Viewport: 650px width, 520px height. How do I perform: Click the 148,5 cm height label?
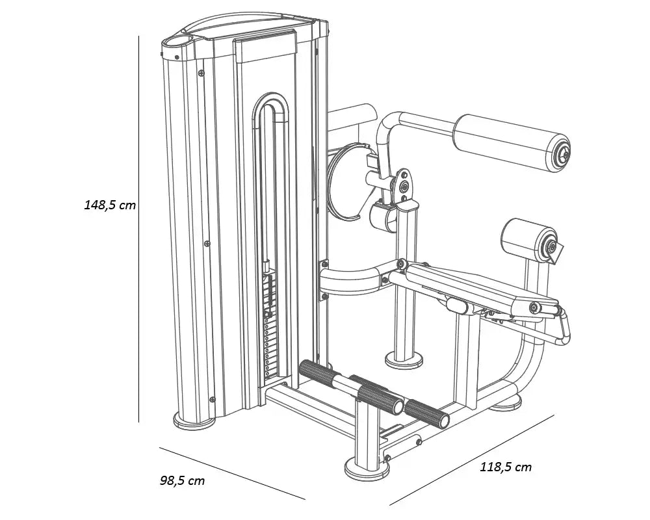coord(110,205)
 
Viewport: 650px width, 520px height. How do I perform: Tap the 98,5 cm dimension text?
coord(183,480)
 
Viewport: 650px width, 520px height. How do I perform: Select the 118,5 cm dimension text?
coord(506,467)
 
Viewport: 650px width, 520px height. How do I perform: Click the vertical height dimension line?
coord(139,229)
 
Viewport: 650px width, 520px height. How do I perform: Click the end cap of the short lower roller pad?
coord(549,247)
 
